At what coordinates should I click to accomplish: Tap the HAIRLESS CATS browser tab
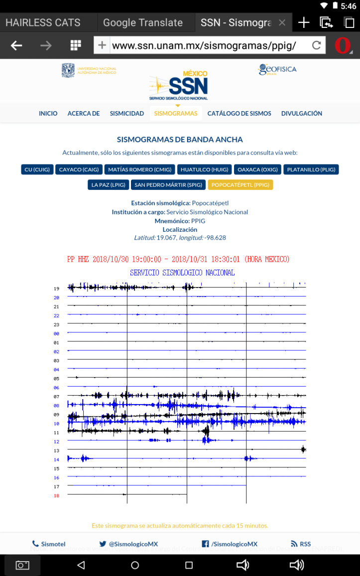click(x=43, y=22)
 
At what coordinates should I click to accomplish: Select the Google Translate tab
click(x=143, y=22)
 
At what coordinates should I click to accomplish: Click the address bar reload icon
click(x=316, y=46)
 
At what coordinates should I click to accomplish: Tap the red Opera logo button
click(x=343, y=46)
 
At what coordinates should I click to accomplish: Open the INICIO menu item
click(x=48, y=114)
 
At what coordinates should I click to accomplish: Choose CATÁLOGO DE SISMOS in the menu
click(x=240, y=114)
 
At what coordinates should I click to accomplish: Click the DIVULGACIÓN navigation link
click(x=301, y=114)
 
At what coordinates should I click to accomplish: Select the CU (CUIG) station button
click(x=37, y=169)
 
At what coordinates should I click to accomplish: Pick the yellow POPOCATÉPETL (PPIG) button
click(x=240, y=185)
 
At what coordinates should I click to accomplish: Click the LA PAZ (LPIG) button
click(x=108, y=185)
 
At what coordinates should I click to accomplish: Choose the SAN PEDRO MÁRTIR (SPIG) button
click(x=168, y=185)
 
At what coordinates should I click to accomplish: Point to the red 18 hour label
click(x=56, y=496)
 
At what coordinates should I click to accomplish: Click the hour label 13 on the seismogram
click(x=56, y=451)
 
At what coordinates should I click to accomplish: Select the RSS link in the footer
click(x=301, y=544)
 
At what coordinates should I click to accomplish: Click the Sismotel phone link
click(x=49, y=544)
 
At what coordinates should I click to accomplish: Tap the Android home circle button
click(x=135, y=565)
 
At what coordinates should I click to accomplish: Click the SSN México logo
click(x=179, y=86)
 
